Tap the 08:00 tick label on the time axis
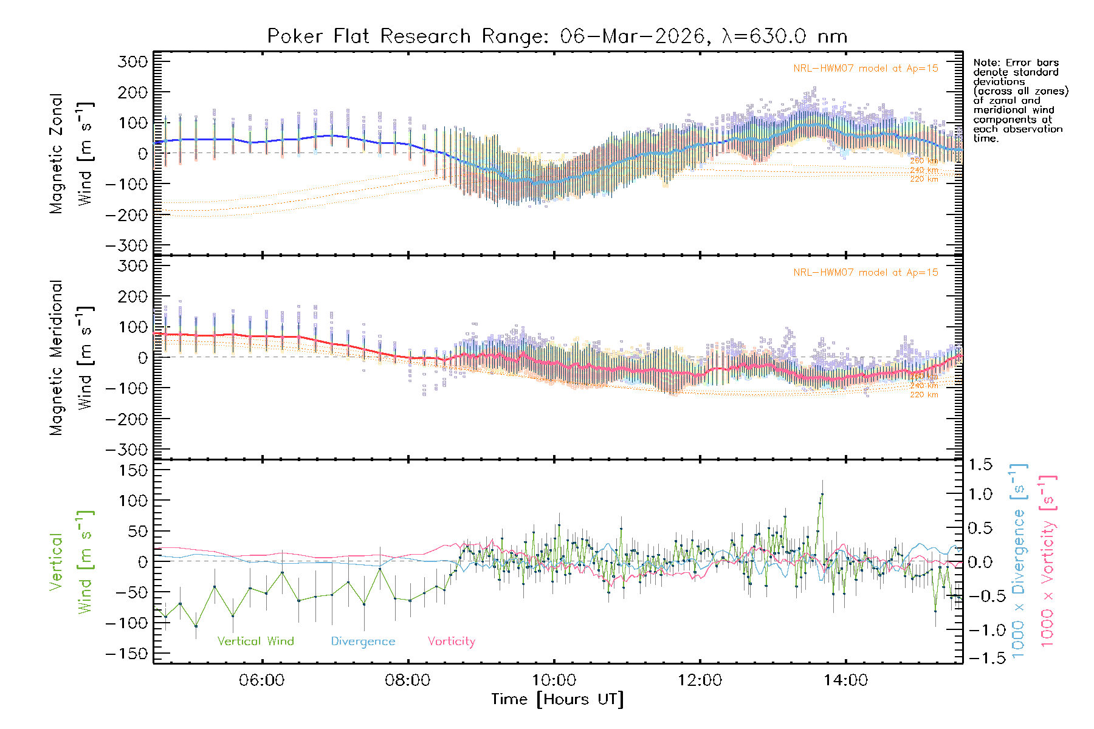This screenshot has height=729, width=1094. (x=407, y=680)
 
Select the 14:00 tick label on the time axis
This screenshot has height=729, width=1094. (x=845, y=680)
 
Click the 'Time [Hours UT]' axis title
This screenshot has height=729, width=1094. (x=557, y=700)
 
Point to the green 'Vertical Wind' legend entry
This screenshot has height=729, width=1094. (x=255, y=642)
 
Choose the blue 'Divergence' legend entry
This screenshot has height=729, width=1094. (x=363, y=642)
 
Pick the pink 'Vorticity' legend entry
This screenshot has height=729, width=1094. (x=451, y=642)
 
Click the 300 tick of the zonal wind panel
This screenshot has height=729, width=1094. (x=132, y=61)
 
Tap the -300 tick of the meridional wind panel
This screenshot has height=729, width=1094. (x=126, y=450)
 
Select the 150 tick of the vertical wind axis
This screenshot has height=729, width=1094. (x=132, y=470)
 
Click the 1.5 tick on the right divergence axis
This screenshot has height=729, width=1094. (x=980, y=465)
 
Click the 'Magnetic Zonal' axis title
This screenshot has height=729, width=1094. (x=57, y=154)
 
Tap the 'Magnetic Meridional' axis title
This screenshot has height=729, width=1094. (x=57, y=358)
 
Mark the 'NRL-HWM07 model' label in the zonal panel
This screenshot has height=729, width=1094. (x=865, y=69)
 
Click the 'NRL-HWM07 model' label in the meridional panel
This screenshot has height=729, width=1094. (x=865, y=273)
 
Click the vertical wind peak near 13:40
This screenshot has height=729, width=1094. (x=822, y=495)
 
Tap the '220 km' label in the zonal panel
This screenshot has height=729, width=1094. (x=924, y=179)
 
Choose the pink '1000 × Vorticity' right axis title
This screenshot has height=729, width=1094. (x=1048, y=560)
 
